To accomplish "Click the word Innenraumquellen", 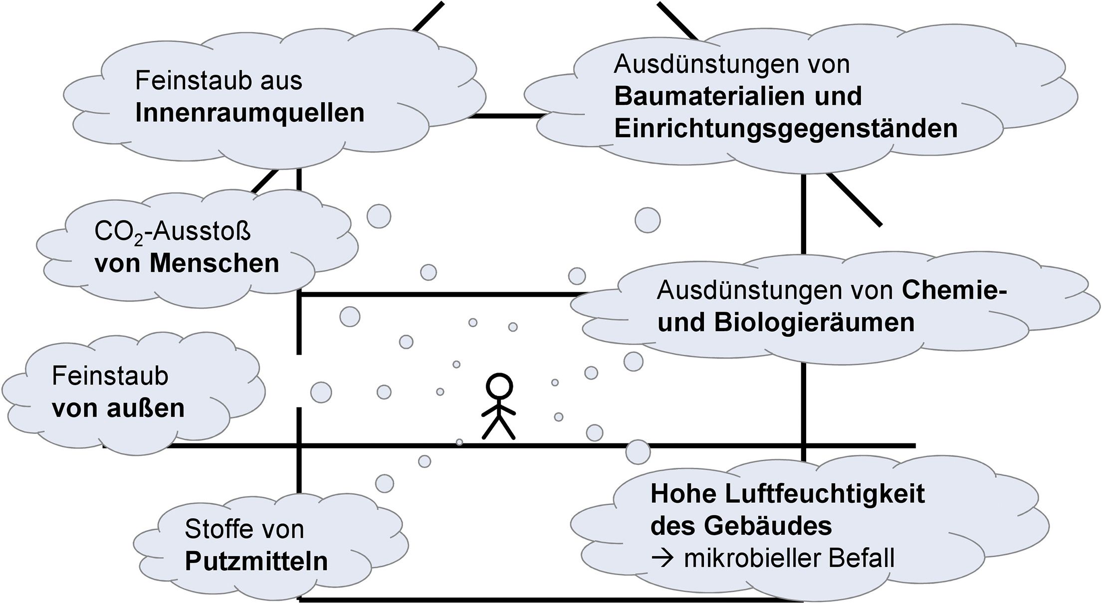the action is tap(250, 113).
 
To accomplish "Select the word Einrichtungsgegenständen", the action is tap(786, 129).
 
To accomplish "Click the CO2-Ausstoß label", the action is tap(173, 232).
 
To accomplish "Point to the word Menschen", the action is tap(214, 263).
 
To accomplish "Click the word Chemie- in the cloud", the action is tap(954, 290).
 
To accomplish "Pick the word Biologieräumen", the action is tap(815, 323).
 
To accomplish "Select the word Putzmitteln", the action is tap(256, 561).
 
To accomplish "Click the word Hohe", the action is tap(683, 494).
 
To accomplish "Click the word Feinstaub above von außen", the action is tap(110, 376).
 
